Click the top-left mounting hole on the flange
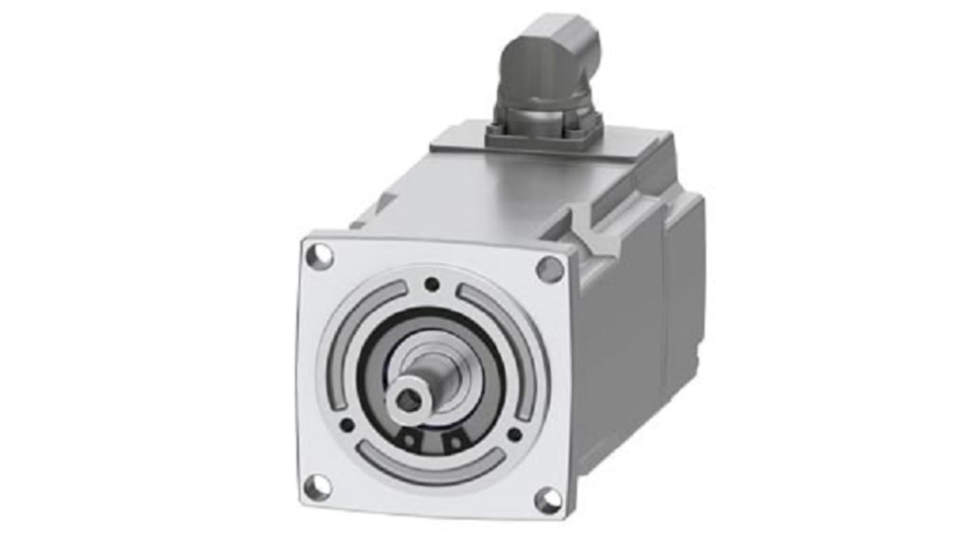coord(319,256)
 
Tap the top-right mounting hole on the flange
coord(549,269)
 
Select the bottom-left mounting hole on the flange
coord(317,487)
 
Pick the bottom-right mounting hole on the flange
coord(548,500)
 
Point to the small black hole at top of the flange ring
coord(432,284)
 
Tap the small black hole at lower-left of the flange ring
coord(347,425)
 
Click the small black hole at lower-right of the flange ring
coord(514,434)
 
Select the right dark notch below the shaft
coord(454,443)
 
